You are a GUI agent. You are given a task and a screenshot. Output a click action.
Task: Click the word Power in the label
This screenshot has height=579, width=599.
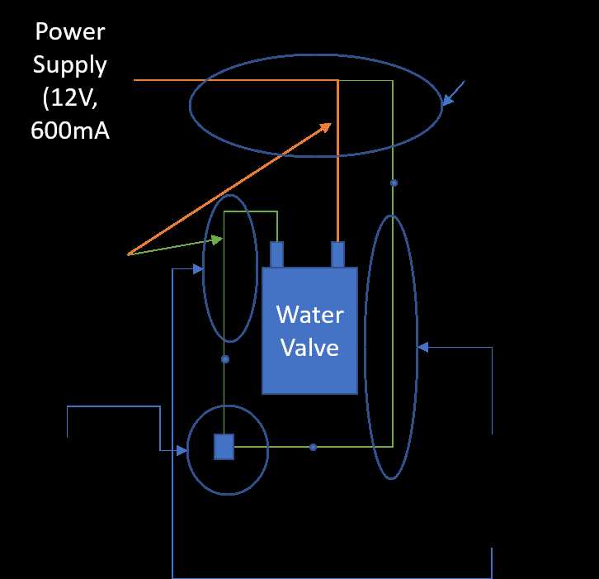click(x=70, y=31)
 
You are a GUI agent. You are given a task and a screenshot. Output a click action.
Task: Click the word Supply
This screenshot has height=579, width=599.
click(x=69, y=65)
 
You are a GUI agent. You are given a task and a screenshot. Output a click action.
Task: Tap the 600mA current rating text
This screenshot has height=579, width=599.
click(x=70, y=131)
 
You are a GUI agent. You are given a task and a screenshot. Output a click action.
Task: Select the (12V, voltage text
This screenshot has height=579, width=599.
click(x=70, y=98)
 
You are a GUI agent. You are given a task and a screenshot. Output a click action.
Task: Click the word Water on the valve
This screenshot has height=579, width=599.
click(x=310, y=315)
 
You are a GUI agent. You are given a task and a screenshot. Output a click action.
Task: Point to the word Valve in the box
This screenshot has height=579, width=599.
click(x=310, y=348)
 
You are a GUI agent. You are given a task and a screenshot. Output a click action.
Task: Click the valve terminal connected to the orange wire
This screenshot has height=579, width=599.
click(x=337, y=254)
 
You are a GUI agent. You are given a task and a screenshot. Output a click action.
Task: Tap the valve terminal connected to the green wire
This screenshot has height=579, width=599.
click(x=276, y=254)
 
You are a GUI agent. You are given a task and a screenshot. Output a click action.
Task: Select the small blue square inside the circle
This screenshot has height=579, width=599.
click(x=224, y=447)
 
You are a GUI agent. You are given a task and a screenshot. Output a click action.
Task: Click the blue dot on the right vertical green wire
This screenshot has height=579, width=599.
click(x=394, y=183)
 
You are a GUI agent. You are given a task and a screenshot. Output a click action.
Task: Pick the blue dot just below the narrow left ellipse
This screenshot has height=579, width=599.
click(x=225, y=359)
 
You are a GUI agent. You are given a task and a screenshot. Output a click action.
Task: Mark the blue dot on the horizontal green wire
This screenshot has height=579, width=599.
click(x=313, y=447)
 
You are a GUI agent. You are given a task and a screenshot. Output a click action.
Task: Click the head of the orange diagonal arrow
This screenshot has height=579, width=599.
click(x=326, y=127)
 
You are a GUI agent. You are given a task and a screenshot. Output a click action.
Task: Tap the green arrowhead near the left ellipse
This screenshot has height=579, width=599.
click(x=217, y=240)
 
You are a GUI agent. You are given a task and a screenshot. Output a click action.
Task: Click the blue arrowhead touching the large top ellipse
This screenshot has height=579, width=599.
click(x=447, y=100)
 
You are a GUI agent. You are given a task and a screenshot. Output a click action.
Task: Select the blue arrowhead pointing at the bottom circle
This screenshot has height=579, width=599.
click(x=182, y=450)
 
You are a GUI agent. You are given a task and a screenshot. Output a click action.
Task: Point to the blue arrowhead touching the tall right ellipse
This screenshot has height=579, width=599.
click(x=422, y=347)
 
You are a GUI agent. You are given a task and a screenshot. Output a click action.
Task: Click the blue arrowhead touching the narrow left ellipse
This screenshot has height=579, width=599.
click(x=198, y=269)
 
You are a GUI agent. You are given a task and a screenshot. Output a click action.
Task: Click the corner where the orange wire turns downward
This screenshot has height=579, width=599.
click(x=337, y=80)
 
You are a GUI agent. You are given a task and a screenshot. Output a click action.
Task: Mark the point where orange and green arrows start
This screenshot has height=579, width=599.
click(x=128, y=254)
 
